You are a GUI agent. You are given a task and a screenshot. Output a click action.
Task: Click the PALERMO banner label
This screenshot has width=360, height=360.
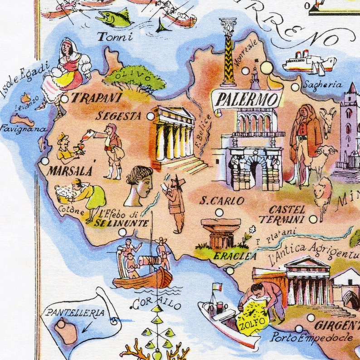point(247,98)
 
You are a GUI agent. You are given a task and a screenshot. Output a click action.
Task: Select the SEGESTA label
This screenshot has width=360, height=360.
point(118,116)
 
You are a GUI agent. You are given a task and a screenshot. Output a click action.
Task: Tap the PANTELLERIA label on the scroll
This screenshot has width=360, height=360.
point(74,313)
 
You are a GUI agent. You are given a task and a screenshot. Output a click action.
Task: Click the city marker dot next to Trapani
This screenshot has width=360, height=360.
point(64,98)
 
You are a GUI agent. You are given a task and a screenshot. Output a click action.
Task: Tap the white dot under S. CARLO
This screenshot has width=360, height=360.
point(219,212)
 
